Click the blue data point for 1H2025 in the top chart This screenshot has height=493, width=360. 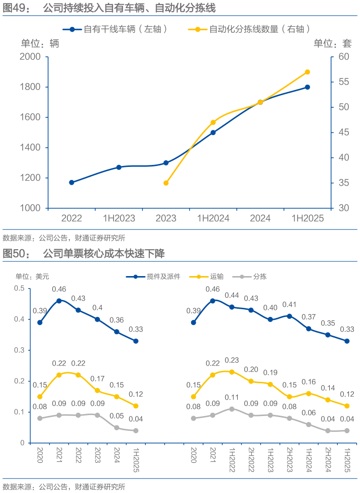pyautogui.click(x=308, y=87)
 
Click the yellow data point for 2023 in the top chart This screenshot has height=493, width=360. pyautogui.click(x=166, y=183)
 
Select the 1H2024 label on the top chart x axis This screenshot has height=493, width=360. pyautogui.click(x=213, y=218)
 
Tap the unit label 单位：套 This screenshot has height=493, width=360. pyautogui.click(x=333, y=43)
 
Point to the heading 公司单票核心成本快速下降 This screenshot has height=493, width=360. pyautogui.click(x=104, y=253)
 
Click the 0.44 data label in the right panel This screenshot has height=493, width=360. pyautogui.click(x=231, y=295)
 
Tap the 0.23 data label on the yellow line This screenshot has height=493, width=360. pyautogui.click(x=231, y=360)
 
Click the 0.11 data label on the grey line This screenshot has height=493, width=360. pyautogui.click(x=231, y=397)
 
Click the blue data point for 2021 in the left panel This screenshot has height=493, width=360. pyautogui.click(x=59, y=301)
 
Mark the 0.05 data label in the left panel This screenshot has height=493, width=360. pyautogui.click(x=116, y=416)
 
